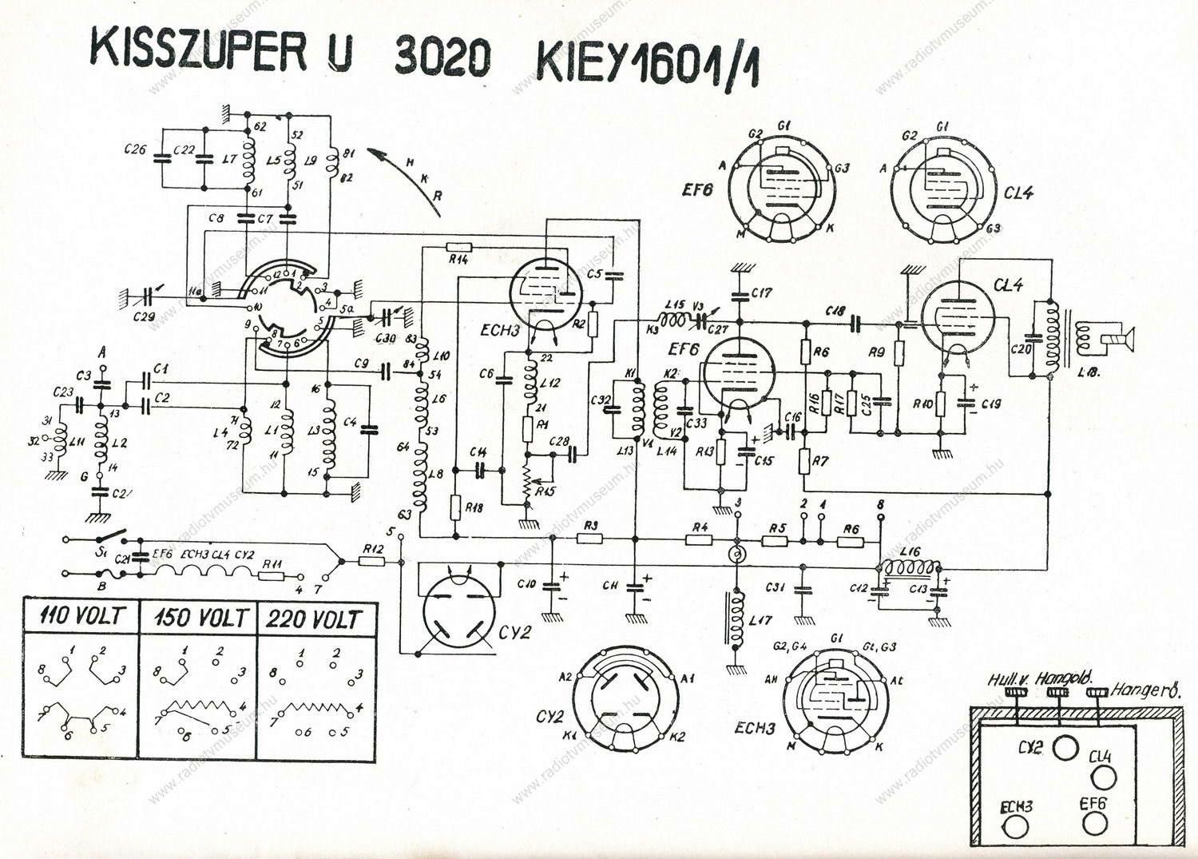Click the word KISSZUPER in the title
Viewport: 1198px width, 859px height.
[x=199, y=50]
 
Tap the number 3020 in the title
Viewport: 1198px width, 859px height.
[x=442, y=57]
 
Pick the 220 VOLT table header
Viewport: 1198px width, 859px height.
[x=315, y=618]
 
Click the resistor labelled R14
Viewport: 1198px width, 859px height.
[x=459, y=246]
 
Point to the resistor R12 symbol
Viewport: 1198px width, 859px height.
[x=372, y=562]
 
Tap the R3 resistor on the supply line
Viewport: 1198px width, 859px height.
[x=589, y=539]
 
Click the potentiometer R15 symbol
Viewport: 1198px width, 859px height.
[x=526, y=482]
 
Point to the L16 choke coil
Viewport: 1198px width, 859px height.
[x=910, y=567]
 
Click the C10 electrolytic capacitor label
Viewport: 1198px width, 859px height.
[x=527, y=584]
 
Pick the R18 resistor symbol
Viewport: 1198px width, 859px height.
[x=454, y=506]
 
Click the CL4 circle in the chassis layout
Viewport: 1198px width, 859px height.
[x=1103, y=776]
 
